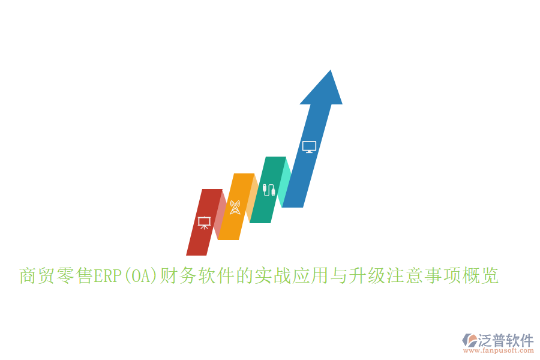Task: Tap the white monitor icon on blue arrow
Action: coord(309,146)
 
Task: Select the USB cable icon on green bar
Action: coord(269,190)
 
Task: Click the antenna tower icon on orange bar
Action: coord(235,207)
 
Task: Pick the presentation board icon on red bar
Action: coord(204,223)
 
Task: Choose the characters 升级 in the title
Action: coord(367,276)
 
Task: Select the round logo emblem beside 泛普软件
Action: coord(469,340)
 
